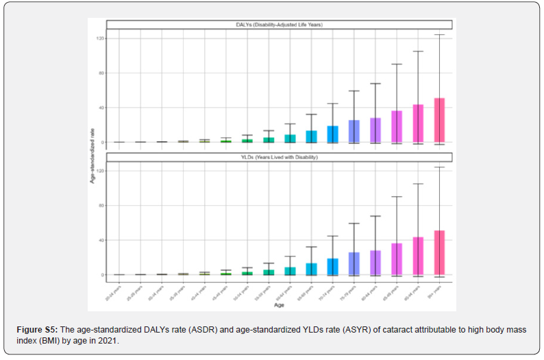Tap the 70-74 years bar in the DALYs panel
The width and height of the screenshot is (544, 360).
click(333, 134)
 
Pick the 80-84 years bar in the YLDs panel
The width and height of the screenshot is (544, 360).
click(375, 263)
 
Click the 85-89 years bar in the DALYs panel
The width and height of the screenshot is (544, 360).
click(397, 127)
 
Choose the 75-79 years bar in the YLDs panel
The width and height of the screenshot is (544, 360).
click(354, 263)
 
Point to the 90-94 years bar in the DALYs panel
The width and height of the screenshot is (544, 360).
click(418, 123)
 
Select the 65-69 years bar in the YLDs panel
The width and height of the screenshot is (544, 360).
click(312, 269)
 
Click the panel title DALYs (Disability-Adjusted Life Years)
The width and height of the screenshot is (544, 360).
click(281, 25)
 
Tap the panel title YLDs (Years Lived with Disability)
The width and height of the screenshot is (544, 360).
click(281, 158)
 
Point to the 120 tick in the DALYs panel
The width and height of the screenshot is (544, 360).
click(100, 38)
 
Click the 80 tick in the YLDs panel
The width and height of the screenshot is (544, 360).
click(101, 206)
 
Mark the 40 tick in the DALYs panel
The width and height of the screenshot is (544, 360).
click(101, 108)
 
